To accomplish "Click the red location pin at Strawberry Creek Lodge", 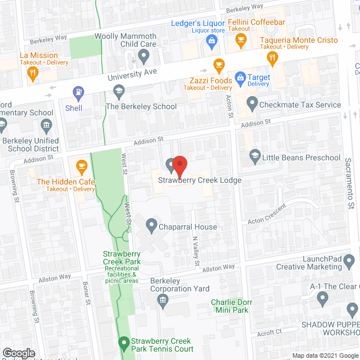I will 179,164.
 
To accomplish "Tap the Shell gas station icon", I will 78,91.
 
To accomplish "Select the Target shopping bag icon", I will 240,77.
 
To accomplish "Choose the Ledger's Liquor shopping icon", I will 211,39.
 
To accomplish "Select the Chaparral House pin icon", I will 151,226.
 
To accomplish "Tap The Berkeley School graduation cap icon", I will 119,90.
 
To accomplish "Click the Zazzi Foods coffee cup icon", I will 219,64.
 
